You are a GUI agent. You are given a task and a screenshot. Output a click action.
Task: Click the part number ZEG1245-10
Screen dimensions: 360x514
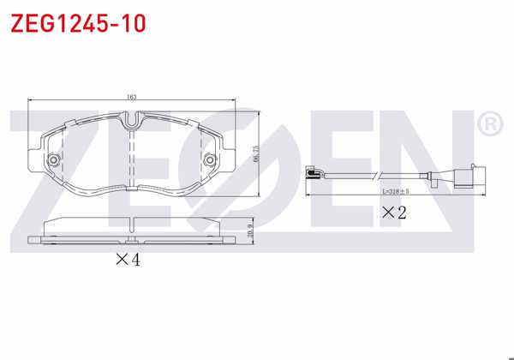coord(77,22)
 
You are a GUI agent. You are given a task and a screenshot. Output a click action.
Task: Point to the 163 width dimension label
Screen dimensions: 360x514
coord(131,97)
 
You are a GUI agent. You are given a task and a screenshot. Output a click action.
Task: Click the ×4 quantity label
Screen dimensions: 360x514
coord(126,259)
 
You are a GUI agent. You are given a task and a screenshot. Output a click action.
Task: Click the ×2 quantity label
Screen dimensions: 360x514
coord(393,212)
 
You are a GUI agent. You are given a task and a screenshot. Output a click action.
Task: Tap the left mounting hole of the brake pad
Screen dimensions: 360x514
coord(53,160)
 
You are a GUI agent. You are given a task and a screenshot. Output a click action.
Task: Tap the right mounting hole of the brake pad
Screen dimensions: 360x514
coord(208,160)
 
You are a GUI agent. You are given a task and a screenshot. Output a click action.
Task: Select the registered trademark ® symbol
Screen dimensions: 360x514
coord(488,124)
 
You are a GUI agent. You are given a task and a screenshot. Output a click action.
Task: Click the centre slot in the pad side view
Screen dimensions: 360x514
coord(131,225)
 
